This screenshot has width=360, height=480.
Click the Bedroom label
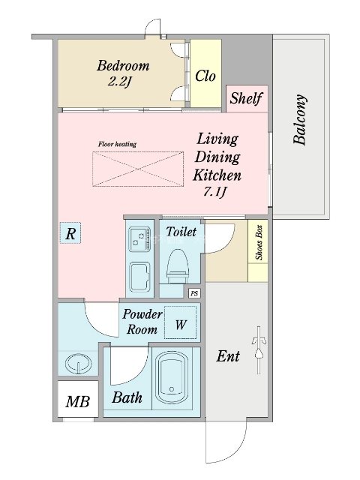pos(123,66)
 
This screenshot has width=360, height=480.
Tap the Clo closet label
pos(205,76)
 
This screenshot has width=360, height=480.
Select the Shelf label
pos(247,98)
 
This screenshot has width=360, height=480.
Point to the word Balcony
pos(300,119)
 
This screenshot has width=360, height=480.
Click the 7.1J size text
pos(215,192)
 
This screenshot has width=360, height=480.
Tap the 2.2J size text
pos(119,82)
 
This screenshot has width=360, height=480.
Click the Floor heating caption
pos(117,144)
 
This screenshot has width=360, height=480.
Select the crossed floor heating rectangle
pos(138,169)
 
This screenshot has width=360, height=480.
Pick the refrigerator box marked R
pos(70,233)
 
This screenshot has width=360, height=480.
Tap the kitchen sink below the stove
pos(139,277)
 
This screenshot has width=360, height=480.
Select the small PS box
pos(194,293)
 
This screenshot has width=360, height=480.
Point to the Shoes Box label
pos(259,243)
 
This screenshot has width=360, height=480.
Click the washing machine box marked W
pos(180,322)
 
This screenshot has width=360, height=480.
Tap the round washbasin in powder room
pos(79,364)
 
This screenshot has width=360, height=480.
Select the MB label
pos(78,401)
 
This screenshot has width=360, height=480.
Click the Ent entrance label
pos(228,356)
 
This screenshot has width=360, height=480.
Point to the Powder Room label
pos(142,322)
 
